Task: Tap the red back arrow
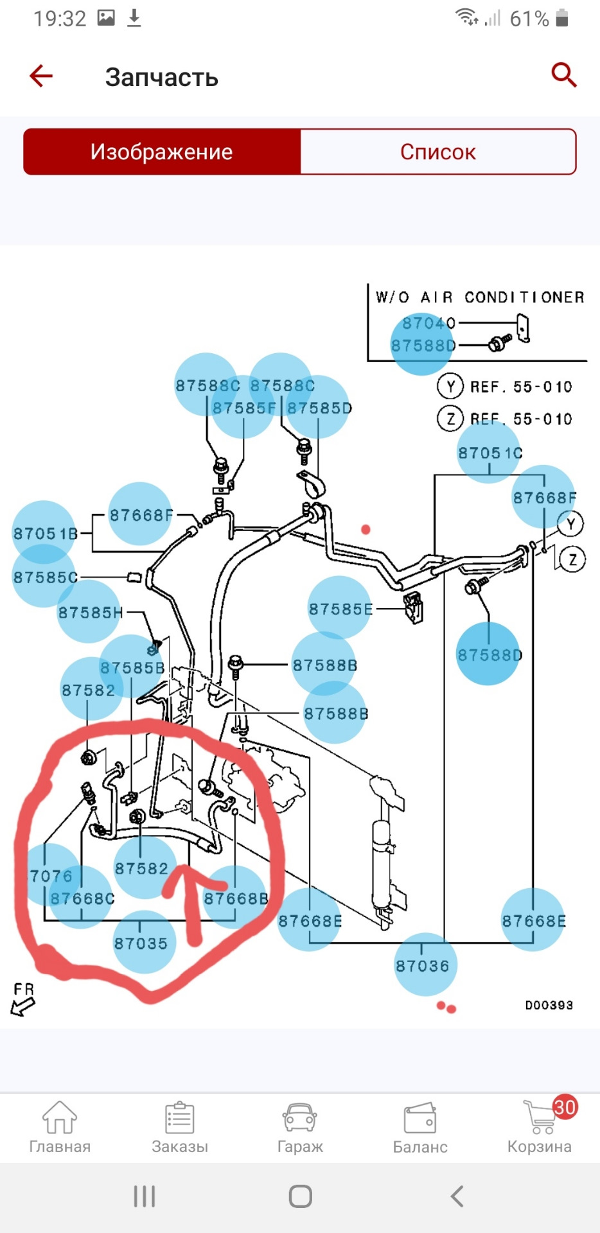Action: [41, 76]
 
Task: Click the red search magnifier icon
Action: [563, 75]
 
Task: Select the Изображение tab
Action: [162, 152]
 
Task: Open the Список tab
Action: [438, 152]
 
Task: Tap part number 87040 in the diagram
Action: [428, 323]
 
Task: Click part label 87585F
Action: [243, 408]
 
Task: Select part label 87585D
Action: [319, 408]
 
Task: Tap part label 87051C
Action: [490, 453]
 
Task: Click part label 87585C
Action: [45, 577]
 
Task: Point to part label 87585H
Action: [90, 612]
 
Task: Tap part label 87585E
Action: [340, 609]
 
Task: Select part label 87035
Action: [141, 943]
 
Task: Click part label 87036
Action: [422, 965]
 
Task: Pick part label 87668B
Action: [236, 898]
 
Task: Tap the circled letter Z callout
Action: [572, 560]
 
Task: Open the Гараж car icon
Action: [299, 1119]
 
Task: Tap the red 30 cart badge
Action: [564, 1107]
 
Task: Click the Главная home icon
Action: [60, 1119]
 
